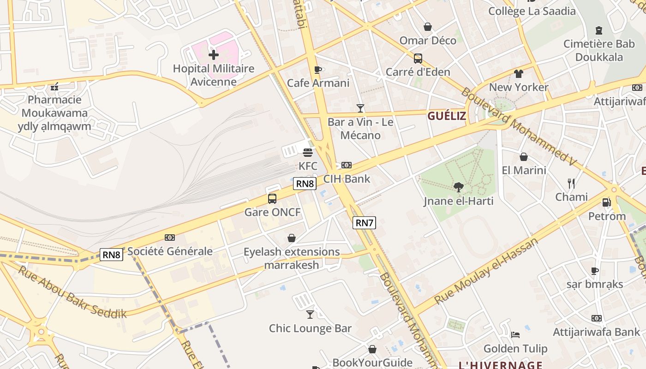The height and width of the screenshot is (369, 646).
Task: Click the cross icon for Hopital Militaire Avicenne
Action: tap(213, 55)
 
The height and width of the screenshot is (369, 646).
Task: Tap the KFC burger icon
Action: tap(308, 153)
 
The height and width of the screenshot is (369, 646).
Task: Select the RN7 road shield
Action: tap(364, 223)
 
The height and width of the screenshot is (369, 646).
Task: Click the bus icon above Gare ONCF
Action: tap(272, 199)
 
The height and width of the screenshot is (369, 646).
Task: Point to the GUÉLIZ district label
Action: tap(446, 116)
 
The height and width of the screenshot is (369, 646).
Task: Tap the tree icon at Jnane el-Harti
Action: tap(458, 187)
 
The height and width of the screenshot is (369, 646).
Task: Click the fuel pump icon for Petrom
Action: tap(606, 202)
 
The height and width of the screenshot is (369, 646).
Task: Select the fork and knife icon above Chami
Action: tap(571, 184)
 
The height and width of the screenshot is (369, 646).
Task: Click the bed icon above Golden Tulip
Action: tap(515, 335)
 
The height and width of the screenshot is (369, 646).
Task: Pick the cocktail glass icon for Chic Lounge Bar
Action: tap(310, 315)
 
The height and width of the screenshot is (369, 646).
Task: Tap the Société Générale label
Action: tap(170, 251)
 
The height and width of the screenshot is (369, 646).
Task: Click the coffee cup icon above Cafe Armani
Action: tap(317, 70)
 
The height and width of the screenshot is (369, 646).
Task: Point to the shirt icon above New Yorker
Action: tap(519, 74)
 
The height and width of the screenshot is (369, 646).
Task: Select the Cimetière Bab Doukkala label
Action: tap(599, 51)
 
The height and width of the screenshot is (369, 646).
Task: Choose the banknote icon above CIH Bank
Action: tap(346, 165)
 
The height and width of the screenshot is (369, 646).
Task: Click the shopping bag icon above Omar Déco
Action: tap(428, 27)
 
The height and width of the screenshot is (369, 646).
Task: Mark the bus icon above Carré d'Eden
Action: tap(418, 59)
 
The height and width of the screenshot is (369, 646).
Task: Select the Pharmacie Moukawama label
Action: tap(54, 113)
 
